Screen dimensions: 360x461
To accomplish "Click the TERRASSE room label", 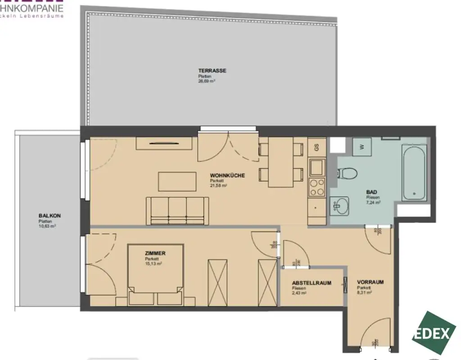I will pos(212,70).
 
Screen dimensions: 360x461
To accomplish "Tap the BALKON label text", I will pos(50,216).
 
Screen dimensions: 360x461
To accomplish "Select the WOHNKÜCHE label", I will pos(227,176).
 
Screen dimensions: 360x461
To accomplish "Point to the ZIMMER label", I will pos(155,254).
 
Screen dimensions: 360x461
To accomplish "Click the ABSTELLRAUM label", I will pos(312,283).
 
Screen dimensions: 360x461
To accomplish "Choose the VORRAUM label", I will pos(371,282).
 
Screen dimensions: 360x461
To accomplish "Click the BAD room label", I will pos(371,191).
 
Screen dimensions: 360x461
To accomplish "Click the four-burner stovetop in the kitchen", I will pos(316,187).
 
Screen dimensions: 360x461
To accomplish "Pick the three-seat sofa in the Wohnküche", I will pos(174,210).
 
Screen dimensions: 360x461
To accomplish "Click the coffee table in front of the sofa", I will pos(177,181).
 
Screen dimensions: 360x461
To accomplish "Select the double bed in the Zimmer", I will pos(155,274).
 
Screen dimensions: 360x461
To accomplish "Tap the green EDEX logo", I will pos(432,334).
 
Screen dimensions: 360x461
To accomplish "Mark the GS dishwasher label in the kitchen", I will pos(316,147).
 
